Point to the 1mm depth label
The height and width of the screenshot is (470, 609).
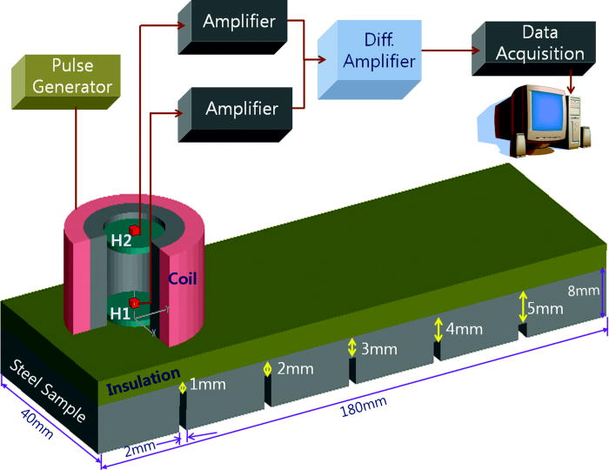[x=204, y=384]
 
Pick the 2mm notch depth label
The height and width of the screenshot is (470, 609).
[x=294, y=368]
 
